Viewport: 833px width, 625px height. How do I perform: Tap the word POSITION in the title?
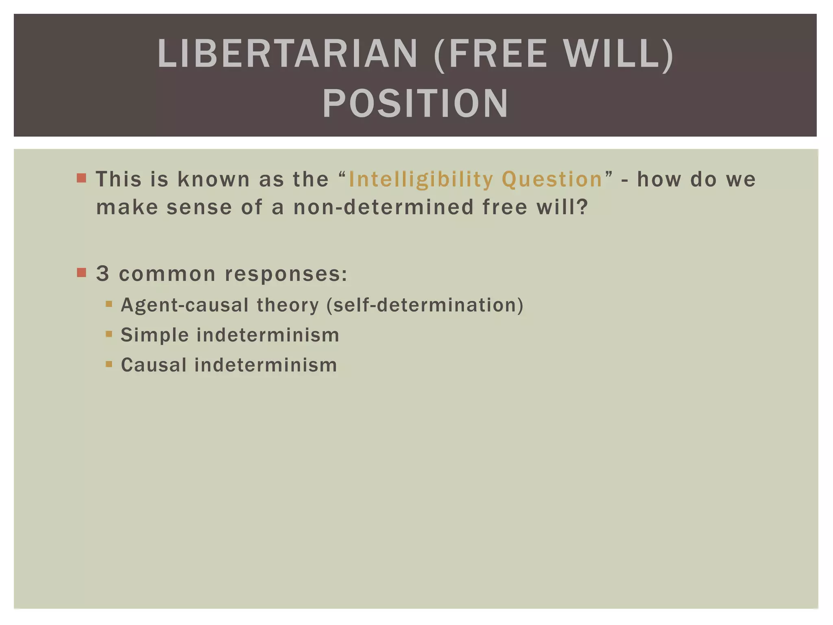pos(415,104)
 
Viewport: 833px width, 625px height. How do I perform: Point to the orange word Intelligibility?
pos(421,179)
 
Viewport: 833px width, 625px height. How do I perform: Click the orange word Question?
pos(552,179)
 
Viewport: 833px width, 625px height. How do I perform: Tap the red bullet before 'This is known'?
pos(81,178)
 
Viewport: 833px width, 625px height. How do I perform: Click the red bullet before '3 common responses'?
pos(81,272)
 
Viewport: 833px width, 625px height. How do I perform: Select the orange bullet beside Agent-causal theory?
pos(109,304)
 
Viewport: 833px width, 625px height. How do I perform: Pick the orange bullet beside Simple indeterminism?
pos(109,334)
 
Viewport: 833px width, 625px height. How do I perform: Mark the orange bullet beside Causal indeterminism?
pos(109,364)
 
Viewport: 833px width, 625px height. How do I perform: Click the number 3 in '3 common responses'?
pos(102,273)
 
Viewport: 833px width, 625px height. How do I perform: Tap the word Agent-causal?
pos(185,305)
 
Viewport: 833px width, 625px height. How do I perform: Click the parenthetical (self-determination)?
pos(425,305)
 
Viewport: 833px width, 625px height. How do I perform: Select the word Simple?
pos(155,335)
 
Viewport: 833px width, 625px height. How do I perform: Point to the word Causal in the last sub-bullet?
pos(154,365)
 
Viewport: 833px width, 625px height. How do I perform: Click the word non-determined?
pos(384,207)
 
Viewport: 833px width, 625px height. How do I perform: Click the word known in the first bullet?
pos(214,179)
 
